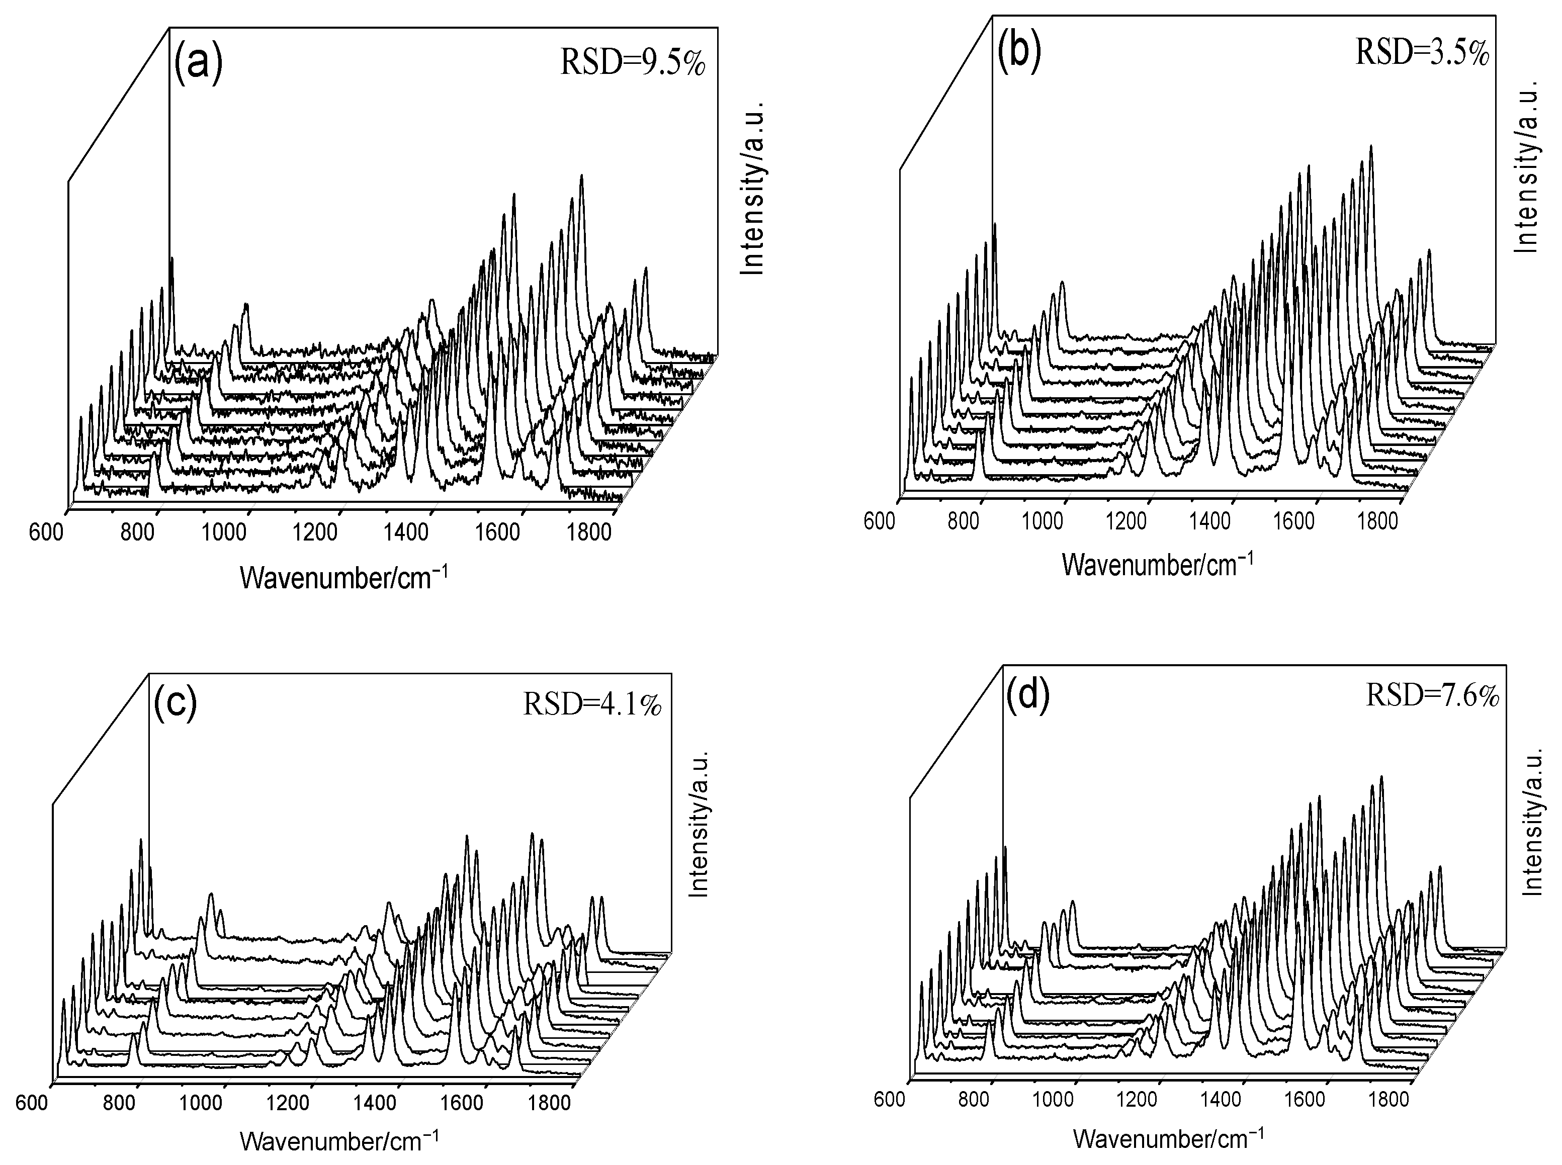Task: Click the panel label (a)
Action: pyautogui.click(x=198, y=63)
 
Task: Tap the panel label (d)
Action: pyautogui.click(x=1028, y=695)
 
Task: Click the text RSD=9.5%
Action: pyautogui.click(x=633, y=64)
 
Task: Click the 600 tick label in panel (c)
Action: pyautogui.click(x=32, y=1102)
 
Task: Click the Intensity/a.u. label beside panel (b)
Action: pyautogui.click(x=1527, y=166)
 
